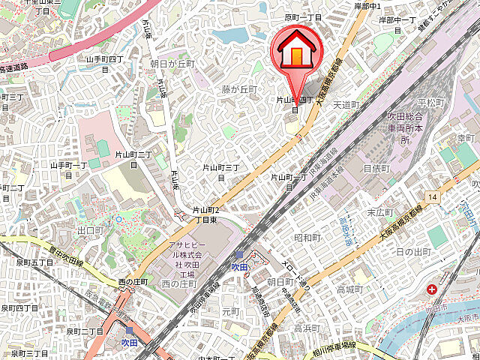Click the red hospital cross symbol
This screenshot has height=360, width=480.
coord(433,289)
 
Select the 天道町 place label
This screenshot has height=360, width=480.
coord(346,104)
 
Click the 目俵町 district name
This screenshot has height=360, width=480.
coord(376,169)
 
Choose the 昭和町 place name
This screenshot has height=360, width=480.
coord(307,237)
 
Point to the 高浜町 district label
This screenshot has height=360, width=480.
coord(307,328)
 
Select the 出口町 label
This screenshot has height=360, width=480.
coord(89,230)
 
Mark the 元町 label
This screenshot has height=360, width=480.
coord(231,310)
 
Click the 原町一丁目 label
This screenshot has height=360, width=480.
coord(302,16)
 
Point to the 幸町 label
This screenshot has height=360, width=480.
coord(466,139)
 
